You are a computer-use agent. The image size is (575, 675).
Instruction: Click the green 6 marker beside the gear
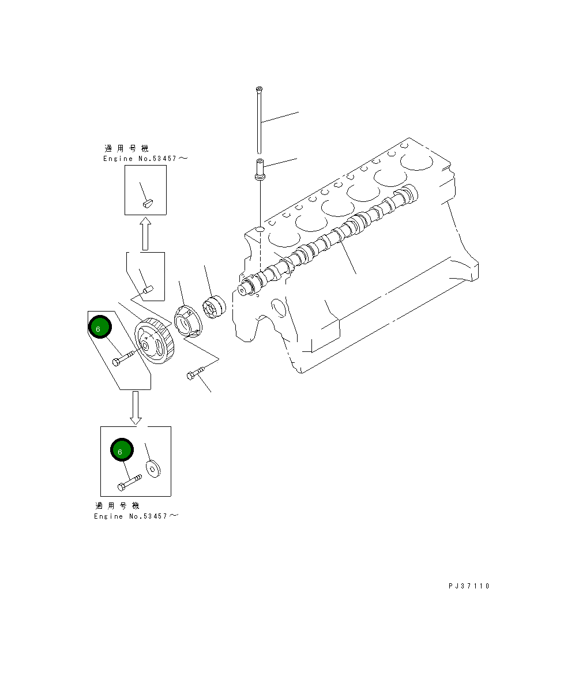click(x=99, y=328)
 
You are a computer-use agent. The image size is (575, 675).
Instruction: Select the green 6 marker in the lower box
click(x=121, y=451)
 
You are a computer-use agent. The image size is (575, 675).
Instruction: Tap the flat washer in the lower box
click(x=153, y=468)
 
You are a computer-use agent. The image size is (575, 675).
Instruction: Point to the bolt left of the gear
click(x=123, y=358)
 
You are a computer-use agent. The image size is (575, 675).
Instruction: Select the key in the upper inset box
click(x=147, y=202)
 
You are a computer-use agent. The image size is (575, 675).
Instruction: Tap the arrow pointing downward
click(x=136, y=407)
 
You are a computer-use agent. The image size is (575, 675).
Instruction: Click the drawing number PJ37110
click(x=469, y=586)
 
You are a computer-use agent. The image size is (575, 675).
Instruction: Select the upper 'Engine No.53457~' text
click(x=145, y=158)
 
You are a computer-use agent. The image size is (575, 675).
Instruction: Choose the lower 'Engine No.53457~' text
click(x=136, y=516)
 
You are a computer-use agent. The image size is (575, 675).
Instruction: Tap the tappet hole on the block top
click(x=260, y=230)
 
